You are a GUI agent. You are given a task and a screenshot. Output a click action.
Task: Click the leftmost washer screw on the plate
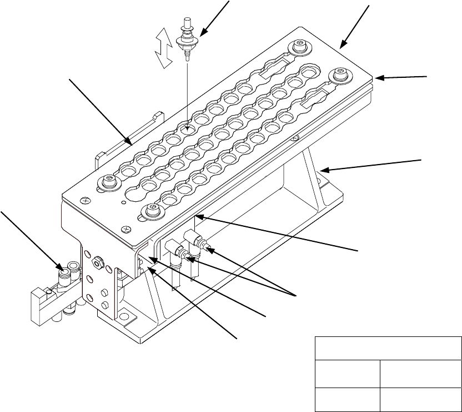pyautogui.click(x=108, y=181)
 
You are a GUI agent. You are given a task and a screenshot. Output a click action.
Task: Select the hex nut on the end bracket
pyautogui.click(x=98, y=259)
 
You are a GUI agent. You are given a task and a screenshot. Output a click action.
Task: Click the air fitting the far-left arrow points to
pyautogui.click(x=64, y=274)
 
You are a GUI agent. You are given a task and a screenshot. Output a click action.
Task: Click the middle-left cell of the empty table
pyautogui.click(x=348, y=373)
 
